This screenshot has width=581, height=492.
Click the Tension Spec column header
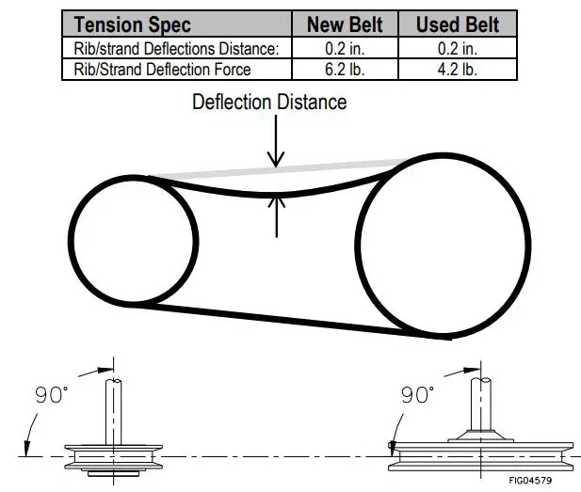[132, 24]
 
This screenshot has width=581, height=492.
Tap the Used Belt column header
[457, 24]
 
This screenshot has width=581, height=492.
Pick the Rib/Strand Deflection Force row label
[162, 69]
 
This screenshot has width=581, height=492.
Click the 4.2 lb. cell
[457, 69]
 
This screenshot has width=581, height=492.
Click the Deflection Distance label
[269, 102]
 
